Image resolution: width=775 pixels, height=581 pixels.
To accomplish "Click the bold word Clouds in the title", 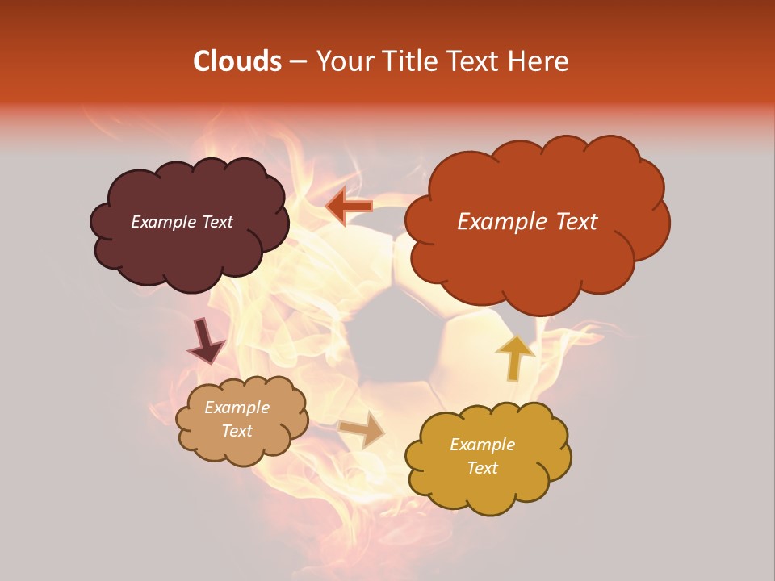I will [237, 61].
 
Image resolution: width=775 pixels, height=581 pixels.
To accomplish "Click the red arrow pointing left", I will [350, 207].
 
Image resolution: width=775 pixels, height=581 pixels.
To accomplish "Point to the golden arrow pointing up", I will [514, 357].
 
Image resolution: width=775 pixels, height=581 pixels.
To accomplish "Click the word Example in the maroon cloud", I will [162, 222].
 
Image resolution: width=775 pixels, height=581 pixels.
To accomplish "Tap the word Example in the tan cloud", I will [237, 408].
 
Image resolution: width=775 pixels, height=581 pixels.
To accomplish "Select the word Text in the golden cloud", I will [482, 468].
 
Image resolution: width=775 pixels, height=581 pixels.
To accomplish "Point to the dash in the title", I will [298, 61].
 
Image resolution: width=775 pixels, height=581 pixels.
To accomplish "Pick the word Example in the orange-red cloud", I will [495, 222].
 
